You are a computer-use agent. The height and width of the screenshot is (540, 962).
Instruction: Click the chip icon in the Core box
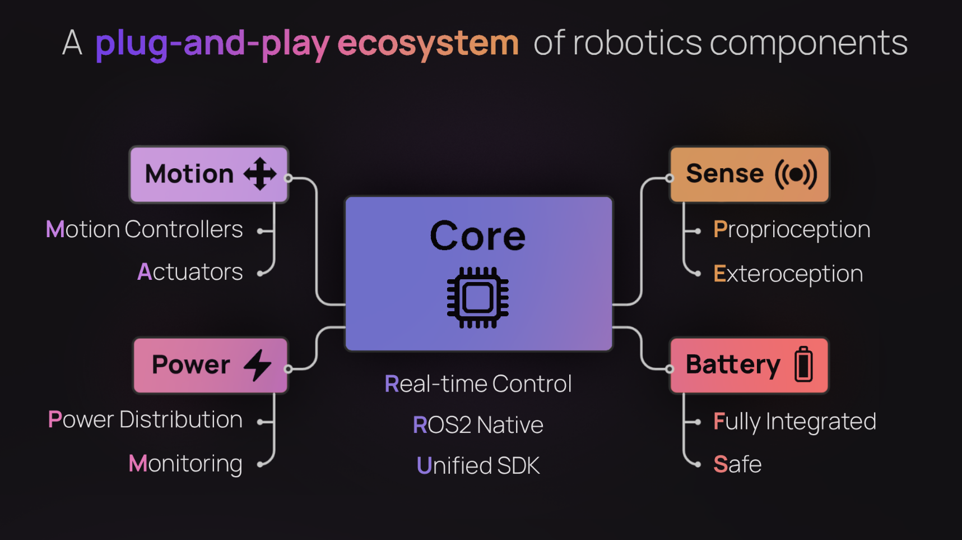(x=477, y=297)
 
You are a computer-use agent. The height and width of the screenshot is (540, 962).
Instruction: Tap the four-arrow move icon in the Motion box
(x=260, y=174)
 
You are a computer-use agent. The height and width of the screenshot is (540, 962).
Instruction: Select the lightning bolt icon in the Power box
(x=258, y=365)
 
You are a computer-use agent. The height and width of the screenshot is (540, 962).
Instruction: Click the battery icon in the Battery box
(x=803, y=364)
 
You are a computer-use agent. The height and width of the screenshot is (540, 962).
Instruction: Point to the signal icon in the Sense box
(x=796, y=174)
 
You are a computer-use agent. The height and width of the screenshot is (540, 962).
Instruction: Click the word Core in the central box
(x=477, y=236)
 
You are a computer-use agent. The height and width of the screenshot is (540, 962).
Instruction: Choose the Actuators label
(x=190, y=273)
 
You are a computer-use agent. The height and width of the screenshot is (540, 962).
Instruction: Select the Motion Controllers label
(x=144, y=229)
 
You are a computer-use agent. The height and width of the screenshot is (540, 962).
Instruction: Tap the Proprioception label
(x=791, y=230)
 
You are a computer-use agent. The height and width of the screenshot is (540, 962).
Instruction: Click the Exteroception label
(x=788, y=274)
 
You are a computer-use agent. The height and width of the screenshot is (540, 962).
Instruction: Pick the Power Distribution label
(x=145, y=420)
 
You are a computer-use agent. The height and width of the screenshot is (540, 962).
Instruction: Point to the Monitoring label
(x=185, y=464)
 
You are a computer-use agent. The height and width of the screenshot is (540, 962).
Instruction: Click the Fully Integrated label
(x=794, y=422)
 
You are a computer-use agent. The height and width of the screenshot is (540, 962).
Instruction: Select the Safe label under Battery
(x=737, y=464)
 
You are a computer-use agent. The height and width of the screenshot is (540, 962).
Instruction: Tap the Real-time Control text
(x=478, y=384)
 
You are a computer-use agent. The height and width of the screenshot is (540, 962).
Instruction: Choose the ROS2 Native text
(x=478, y=425)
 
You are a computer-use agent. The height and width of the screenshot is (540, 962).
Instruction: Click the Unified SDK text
(x=478, y=466)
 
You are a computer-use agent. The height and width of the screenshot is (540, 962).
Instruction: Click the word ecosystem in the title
(x=428, y=44)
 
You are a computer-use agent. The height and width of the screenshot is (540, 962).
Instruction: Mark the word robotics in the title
(x=637, y=43)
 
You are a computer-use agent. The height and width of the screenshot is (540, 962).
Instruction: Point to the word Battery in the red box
(x=733, y=365)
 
